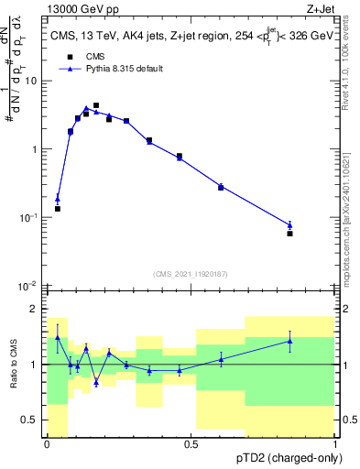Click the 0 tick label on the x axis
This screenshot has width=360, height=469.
[x=47, y=444]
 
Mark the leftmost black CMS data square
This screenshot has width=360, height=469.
[x=58, y=209]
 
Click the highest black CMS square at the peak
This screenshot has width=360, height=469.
[x=96, y=105]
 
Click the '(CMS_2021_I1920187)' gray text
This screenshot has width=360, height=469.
[x=191, y=273]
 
